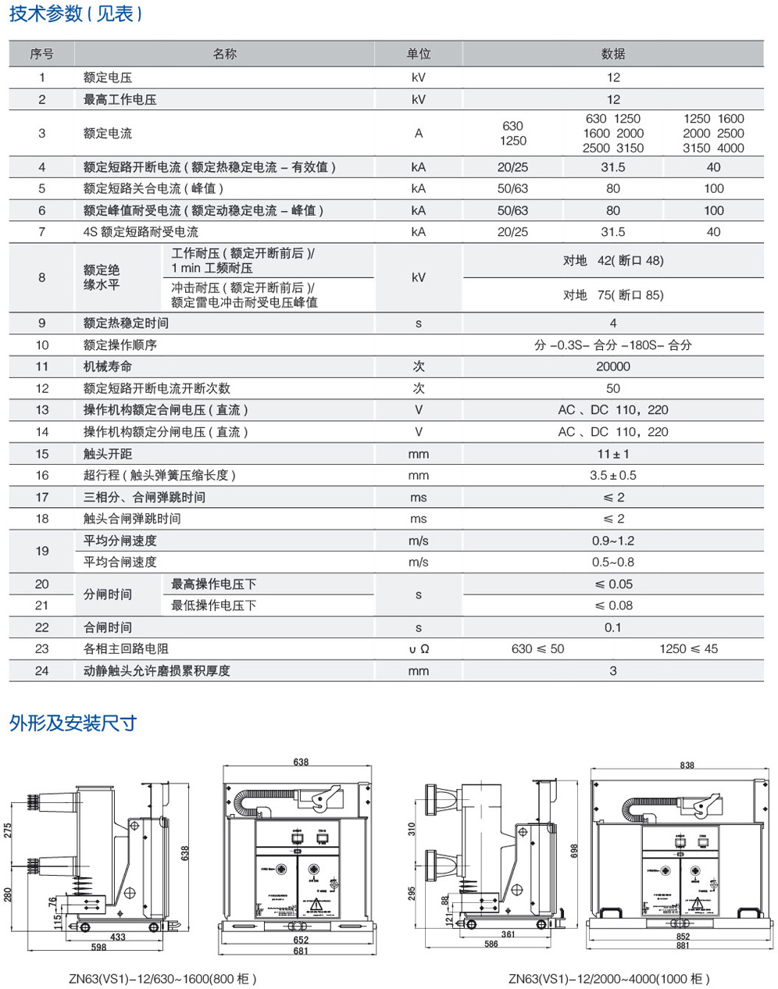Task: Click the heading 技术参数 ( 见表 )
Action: pyautogui.click(x=76, y=14)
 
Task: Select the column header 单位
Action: pyautogui.click(x=418, y=54)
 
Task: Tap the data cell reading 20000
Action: pyautogui.click(x=612, y=366)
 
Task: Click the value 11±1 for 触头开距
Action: pyautogui.click(x=612, y=454)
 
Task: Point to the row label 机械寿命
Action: pyautogui.click(x=108, y=366)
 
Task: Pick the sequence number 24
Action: pyautogui.click(x=42, y=670)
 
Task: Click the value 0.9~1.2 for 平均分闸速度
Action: pyautogui.click(x=612, y=541)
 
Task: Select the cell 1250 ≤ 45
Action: pyautogui.click(x=688, y=648)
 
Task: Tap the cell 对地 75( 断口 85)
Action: pyautogui.click(x=612, y=295)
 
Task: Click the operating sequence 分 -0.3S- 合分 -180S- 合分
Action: pyautogui.click(x=612, y=345)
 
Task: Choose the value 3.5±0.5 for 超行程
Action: pyautogui.click(x=612, y=475)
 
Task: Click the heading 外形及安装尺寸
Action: pyautogui.click(x=73, y=723)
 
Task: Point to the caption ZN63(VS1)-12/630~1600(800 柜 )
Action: pyautogui.click(x=162, y=978)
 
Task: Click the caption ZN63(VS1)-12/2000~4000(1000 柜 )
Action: pyautogui.click(x=608, y=978)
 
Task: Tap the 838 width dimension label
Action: pyautogui.click(x=687, y=766)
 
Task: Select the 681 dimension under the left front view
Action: pyautogui.click(x=301, y=951)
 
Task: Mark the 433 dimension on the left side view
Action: pyautogui.click(x=117, y=937)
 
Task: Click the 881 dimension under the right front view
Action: pyautogui.click(x=683, y=945)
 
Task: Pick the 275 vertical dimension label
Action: pyautogui.click(x=9, y=830)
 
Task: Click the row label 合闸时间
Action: pyautogui.click(x=108, y=627)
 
